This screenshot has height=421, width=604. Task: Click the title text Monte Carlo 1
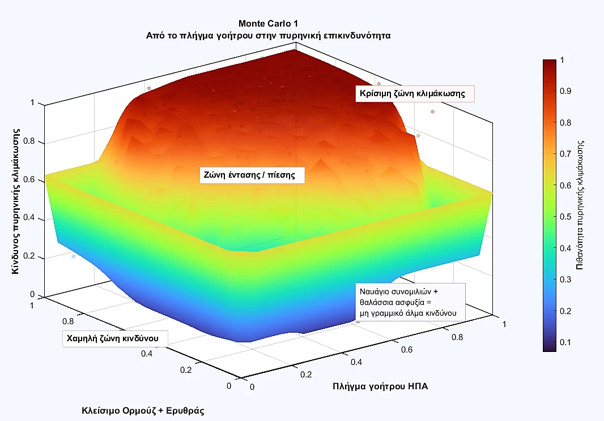point(267,24)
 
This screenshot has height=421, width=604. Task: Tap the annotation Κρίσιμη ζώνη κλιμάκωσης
point(414,93)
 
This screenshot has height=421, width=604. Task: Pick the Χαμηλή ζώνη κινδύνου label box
point(116,338)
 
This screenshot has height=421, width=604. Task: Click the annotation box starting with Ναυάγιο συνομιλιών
point(410,302)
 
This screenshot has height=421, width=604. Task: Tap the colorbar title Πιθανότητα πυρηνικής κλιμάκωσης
point(580,205)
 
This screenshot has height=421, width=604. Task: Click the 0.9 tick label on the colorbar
point(565,91)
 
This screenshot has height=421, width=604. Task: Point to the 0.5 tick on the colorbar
point(565,216)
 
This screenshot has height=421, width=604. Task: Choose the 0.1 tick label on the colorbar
point(565,342)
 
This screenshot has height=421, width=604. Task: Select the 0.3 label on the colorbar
point(565,279)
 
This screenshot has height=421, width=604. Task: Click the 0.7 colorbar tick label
point(565,153)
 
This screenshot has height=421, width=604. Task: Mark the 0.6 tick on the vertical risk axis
point(29,180)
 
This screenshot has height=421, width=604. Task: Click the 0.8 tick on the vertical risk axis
point(29,141)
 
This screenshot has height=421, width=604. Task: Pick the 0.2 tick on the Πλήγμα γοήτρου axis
point(306,375)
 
